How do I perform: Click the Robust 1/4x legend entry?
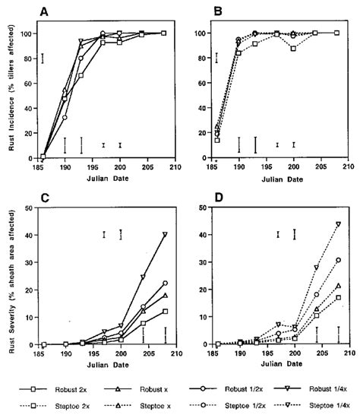click(319, 385)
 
